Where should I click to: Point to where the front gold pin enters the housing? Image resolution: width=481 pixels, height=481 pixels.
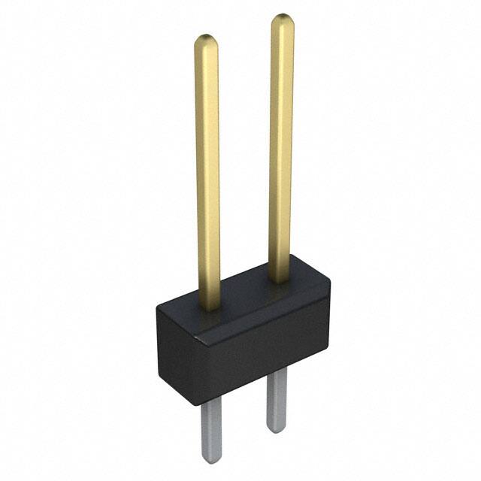click(210, 304)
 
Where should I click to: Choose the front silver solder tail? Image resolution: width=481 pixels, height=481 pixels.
click(211, 428)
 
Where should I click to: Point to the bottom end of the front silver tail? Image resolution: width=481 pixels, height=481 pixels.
click(212, 458)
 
